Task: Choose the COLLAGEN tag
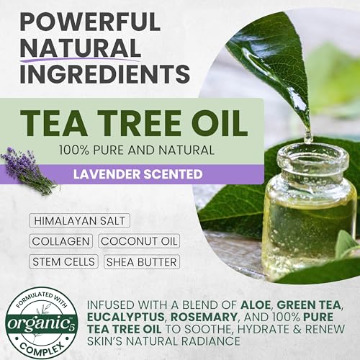pyautogui.click(x=60, y=241)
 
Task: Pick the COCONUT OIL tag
pyautogui.click(x=139, y=241)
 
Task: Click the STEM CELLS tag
pyautogui.click(x=64, y=262)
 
